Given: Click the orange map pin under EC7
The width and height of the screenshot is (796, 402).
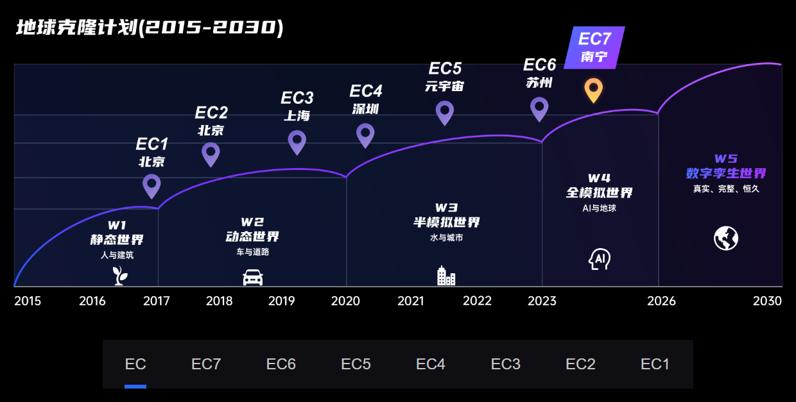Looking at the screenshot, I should click(594, 89).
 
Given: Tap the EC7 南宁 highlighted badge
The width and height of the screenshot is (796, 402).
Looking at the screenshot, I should click(594, 47).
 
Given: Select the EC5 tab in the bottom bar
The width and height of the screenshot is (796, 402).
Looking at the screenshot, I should click(356, 364).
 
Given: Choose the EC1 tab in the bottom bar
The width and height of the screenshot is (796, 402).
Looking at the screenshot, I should click(655, 364).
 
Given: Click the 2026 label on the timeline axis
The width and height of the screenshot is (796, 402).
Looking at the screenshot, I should click(661, 301).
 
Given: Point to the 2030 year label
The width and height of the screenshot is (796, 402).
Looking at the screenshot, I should click(767, 301).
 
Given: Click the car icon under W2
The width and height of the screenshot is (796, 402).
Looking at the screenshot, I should click(253, 277).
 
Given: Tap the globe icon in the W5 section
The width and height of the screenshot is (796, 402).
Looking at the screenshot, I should click(726, 239).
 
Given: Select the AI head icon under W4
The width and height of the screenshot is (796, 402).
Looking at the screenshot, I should click(599, 259).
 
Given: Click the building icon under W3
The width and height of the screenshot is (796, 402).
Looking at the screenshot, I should click(446, 276).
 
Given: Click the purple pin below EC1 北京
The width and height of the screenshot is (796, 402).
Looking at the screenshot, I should click(151, 185).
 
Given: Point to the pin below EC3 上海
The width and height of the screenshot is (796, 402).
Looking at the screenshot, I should click(297, 141).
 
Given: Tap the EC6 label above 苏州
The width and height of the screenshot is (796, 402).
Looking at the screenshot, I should click(539, 65).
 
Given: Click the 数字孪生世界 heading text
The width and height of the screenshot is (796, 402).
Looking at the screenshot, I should click(726, 173).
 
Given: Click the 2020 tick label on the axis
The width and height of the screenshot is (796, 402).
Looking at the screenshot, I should click(345, 301).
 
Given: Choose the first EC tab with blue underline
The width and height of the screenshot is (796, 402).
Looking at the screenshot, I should click(135, 364).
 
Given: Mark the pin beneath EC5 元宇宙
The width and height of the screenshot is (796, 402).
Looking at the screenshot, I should click(445, 112).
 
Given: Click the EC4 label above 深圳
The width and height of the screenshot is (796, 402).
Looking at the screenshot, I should click(366, 91).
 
